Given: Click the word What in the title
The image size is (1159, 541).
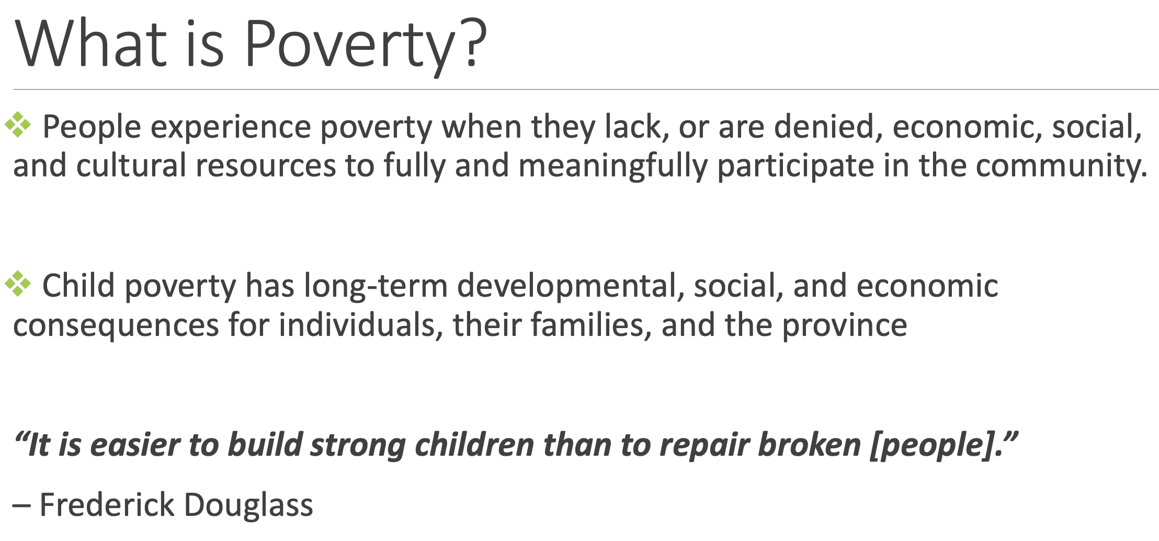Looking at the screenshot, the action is click(91, 43).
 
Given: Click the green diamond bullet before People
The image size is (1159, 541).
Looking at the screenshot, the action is click(18, 125).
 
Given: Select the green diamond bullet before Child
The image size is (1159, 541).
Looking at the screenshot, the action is click(18, 284).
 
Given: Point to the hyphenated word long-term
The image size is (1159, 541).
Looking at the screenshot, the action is click(376, 286).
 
